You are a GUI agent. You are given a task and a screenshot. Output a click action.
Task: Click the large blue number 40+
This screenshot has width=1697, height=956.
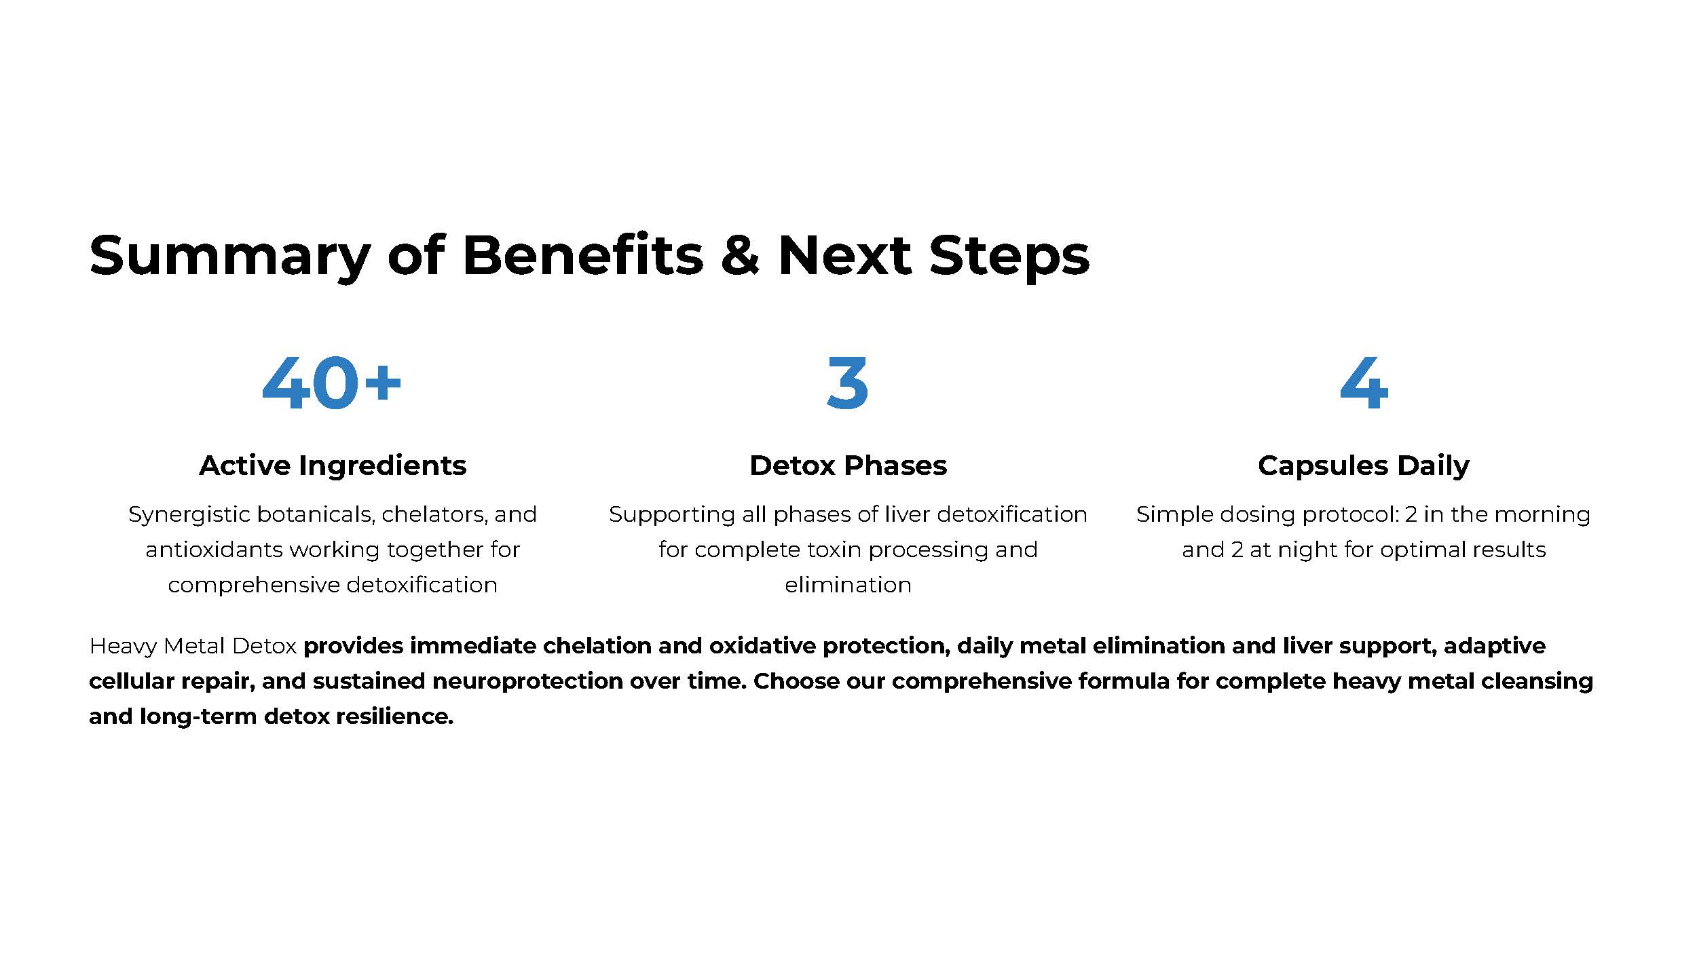[x=332, y=384]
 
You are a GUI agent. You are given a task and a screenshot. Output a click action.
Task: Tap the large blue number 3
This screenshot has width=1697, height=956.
[x=848, y=384]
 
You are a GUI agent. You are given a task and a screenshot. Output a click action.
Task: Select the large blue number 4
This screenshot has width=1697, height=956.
[x=1364, y=384]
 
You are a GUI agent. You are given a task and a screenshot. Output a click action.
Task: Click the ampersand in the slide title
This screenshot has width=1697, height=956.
[x=740, y=255]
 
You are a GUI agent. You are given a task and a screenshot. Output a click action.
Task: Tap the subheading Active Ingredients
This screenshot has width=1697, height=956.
[x=333, y=465]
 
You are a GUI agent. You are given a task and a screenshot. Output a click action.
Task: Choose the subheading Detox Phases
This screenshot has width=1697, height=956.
[x=848, y=465]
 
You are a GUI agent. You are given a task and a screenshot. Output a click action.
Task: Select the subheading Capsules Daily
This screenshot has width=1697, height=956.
[x=1364, y=466]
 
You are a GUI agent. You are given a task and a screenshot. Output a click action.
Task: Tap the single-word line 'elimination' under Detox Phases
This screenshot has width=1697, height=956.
[x=848, y=584]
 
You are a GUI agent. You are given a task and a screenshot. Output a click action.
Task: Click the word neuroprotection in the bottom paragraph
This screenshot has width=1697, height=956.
[x=527, y=681]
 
